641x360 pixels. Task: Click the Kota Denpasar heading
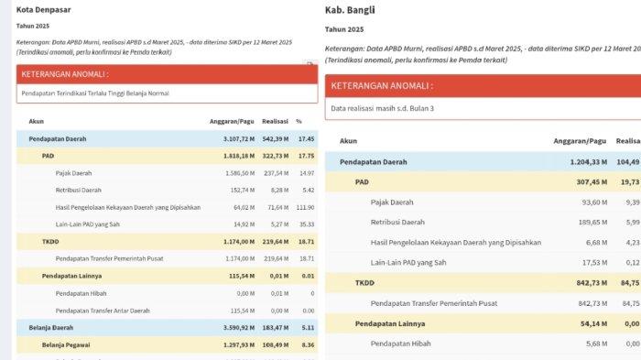point(44,10)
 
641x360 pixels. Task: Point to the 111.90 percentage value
point(305,207)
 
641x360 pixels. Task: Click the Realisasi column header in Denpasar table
point(275,121)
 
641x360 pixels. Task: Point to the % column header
point(299,121)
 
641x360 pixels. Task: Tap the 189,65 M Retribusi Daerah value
point(589,223)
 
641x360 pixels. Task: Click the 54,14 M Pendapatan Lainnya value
point(591,323)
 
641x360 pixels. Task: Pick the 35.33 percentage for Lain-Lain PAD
point(306,224)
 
